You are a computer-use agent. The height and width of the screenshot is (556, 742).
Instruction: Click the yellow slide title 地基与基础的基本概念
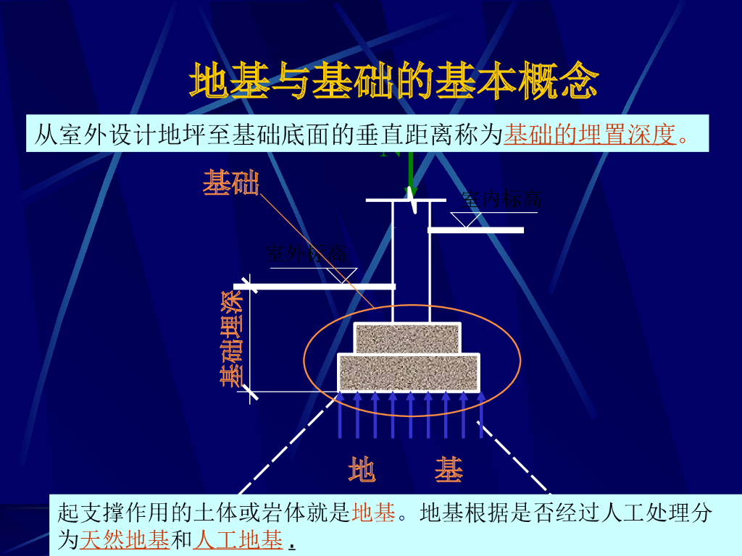(393, 80)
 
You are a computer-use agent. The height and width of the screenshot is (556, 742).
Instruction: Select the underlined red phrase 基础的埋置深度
(590, 135)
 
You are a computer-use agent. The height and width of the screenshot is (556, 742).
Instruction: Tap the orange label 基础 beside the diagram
(230, 182)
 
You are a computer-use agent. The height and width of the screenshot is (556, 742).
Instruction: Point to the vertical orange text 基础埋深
(231, 339)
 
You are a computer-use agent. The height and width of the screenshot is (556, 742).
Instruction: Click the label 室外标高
(307, 253)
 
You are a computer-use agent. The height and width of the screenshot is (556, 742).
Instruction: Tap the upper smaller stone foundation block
(407, 338)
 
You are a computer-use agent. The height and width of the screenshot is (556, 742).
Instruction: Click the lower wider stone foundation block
(409, 372)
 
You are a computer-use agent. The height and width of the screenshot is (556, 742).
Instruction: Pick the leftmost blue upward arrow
(340, 414)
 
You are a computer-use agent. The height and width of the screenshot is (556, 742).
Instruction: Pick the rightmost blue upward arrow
(480, 414)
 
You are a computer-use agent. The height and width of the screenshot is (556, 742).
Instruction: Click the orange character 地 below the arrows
(362, 470)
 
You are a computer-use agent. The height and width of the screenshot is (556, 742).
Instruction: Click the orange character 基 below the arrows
(449, 470)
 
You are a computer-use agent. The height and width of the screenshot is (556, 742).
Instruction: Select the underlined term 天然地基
(124, 539)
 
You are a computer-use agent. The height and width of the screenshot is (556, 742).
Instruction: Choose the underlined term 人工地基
(238, 539)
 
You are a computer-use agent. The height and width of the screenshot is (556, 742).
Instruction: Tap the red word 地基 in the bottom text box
(374, 514)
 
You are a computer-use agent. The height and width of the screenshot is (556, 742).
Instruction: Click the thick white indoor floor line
(476, 230)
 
